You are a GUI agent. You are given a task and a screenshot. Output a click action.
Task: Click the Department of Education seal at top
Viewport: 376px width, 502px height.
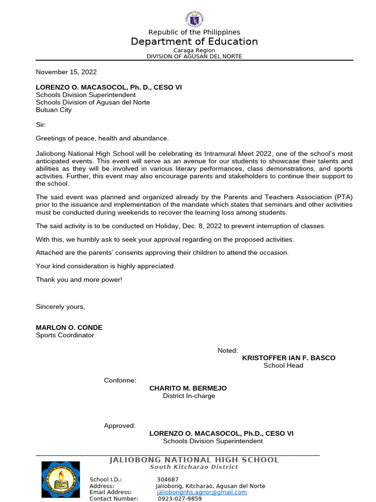(x=194, y=19)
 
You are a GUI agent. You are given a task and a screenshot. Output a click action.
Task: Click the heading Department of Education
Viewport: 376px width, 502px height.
(x=194, y=42)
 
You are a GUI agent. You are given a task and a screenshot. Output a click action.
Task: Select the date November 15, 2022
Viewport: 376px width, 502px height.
(x=66, y=72)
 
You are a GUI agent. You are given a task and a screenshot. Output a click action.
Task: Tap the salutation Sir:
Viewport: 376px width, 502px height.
(x=41, y=125)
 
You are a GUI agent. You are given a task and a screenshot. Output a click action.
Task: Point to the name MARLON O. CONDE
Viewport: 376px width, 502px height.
(x=69, y=327)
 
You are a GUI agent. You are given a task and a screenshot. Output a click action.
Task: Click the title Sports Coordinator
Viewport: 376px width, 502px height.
(x=65, y=335)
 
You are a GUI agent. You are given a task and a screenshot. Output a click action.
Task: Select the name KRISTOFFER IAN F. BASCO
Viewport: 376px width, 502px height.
(x=289, y=358)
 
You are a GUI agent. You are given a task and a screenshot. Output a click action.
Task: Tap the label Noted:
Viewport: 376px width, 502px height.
(x=228, y=351)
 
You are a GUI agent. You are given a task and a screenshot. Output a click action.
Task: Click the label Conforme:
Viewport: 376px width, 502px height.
(x=120, y=381)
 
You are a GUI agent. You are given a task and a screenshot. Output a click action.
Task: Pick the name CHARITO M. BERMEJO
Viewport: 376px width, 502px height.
(x=188, y=388)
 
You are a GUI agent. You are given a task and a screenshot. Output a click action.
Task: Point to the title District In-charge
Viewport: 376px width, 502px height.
(x=189, y=396)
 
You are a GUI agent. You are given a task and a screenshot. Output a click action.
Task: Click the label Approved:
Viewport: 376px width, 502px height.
(x=119, y=426)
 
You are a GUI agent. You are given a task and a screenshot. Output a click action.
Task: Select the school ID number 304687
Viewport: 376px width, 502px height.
(x=167, y=479)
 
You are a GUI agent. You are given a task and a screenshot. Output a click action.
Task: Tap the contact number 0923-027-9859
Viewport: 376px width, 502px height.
(x=180, y=499)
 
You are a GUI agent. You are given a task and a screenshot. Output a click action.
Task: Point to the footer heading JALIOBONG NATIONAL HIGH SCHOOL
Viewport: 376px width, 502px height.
(x=194, y=460)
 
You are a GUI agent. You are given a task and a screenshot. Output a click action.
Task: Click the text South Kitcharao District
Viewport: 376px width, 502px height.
(x=194, y=467)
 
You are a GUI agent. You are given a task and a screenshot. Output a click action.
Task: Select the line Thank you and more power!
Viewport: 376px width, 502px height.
(x=79, y=279)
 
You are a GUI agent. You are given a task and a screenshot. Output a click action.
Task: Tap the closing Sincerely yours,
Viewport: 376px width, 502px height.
(x=60, y=307)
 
